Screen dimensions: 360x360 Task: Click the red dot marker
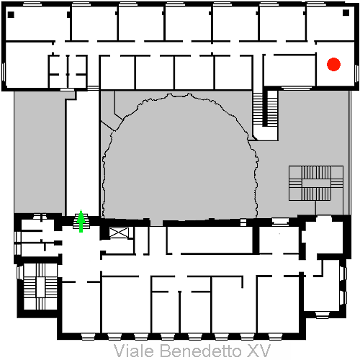(x=333, y=64)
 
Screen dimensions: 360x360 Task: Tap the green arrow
(x=81, y=221)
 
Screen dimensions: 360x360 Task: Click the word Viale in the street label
(x=133, y=351)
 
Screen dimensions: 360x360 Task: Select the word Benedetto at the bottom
(x=201, y=351)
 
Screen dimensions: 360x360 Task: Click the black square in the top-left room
(x=11, y=14)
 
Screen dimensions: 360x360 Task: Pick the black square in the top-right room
(x=346, y=13)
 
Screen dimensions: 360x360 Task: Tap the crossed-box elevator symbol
(x=119, y=233)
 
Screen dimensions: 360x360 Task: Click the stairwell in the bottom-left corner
(x=40, y=287)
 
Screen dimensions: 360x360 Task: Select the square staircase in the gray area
(x=316, y=183)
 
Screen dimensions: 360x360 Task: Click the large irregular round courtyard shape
(x=180, y=157)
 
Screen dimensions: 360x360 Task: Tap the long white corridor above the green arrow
(x=82, y=157)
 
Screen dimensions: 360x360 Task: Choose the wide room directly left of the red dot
(x=290, y=70)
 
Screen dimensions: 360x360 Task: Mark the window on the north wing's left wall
(x=4, y=72)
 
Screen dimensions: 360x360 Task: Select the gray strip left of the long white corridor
(x=39, y=152)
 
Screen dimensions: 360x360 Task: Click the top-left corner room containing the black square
(x=37, y=23)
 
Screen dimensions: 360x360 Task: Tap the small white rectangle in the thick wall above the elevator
(x=243, y=222)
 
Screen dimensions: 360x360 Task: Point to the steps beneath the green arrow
(x=81, y=221)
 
